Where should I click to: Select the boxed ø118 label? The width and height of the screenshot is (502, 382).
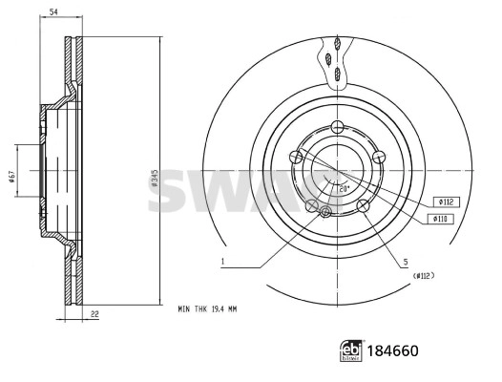point(443,219)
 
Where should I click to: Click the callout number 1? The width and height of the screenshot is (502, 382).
point(221,261)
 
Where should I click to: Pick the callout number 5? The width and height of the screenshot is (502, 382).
point(405,261)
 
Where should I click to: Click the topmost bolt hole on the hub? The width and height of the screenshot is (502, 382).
point(337,129)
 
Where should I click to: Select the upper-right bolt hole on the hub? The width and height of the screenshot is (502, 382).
point(377,158)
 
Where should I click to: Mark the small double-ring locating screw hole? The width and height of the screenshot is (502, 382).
point(325,211)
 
